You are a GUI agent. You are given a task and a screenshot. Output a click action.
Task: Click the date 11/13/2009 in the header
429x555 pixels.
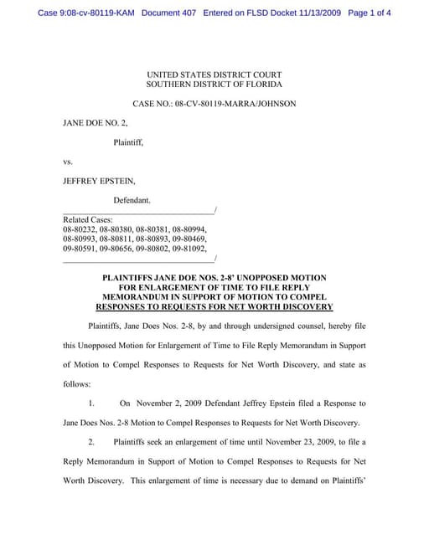(311, 13)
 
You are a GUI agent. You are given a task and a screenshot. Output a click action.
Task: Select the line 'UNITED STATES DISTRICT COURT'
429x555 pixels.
(214, 75)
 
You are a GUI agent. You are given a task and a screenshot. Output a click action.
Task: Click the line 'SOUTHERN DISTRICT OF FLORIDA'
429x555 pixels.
(214, 85)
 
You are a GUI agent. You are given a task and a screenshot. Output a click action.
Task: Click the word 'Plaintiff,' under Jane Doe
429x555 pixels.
(128, 141)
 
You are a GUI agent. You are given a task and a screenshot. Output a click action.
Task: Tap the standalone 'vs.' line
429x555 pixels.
(69, 161)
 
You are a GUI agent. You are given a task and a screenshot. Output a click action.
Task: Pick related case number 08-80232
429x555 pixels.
(80, 229)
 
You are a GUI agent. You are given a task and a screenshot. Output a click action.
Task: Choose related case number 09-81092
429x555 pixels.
(189, 248)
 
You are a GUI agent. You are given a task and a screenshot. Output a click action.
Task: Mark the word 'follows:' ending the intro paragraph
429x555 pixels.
(78, 384)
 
